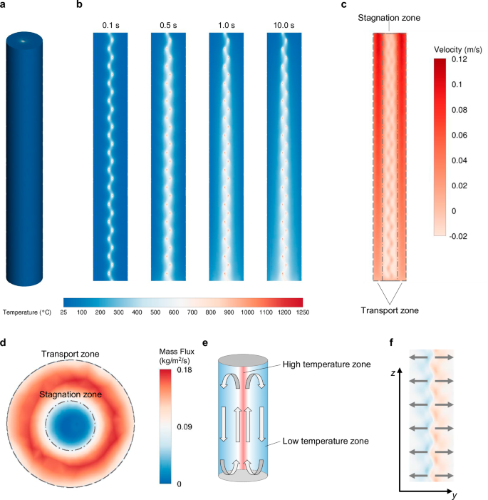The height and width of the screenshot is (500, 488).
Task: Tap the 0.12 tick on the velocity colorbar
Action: click(460, 60)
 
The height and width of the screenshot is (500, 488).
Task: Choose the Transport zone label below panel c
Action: click(389, 310)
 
